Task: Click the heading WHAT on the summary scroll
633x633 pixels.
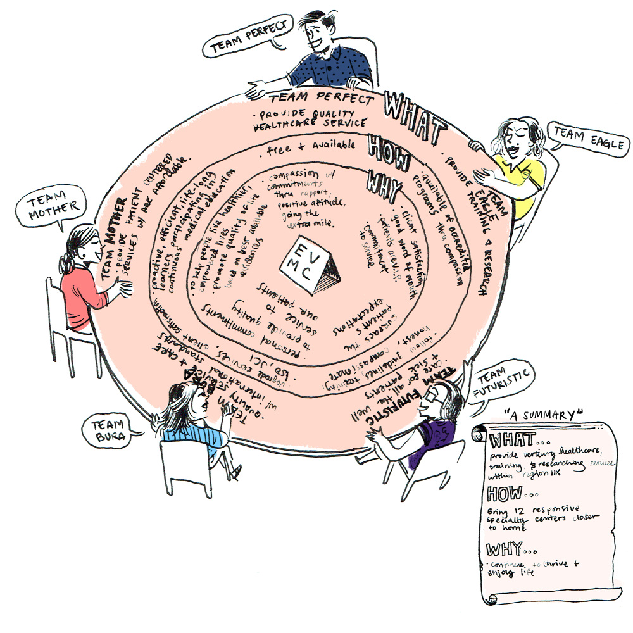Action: [x=513, y=439]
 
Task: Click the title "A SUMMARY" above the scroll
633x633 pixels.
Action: [x=543, y=415]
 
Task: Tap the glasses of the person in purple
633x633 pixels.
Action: [x=432, y=394]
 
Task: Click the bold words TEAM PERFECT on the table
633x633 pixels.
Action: [x=321, y=99]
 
